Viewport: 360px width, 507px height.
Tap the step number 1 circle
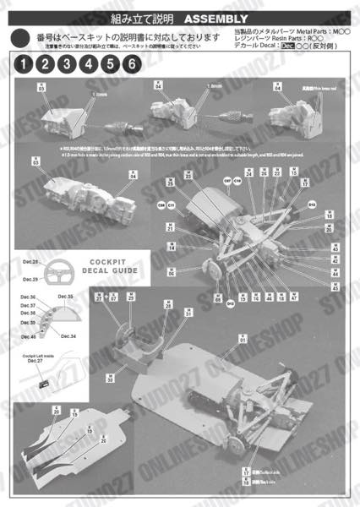24,64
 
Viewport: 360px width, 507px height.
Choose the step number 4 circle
88,64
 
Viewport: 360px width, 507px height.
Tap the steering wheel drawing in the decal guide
57,274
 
